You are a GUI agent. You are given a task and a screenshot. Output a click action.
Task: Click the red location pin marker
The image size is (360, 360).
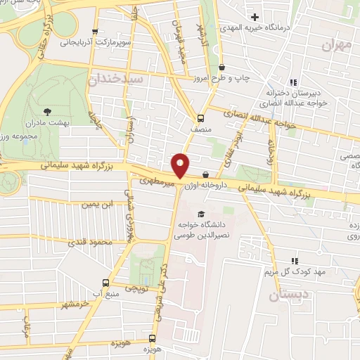pos(181,165)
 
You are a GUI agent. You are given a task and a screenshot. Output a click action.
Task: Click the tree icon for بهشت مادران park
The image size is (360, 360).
pos(47,111)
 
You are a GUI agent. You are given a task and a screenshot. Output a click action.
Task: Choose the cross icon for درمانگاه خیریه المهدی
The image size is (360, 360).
pos(255,16)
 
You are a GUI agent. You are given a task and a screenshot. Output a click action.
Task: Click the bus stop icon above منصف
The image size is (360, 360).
pos(200,118)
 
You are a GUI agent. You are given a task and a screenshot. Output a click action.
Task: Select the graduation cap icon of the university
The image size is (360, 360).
pos(201,214)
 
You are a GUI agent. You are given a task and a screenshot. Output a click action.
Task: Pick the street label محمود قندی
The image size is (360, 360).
pos(89,243)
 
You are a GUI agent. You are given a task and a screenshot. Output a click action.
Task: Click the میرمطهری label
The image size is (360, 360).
pos(151,181)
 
